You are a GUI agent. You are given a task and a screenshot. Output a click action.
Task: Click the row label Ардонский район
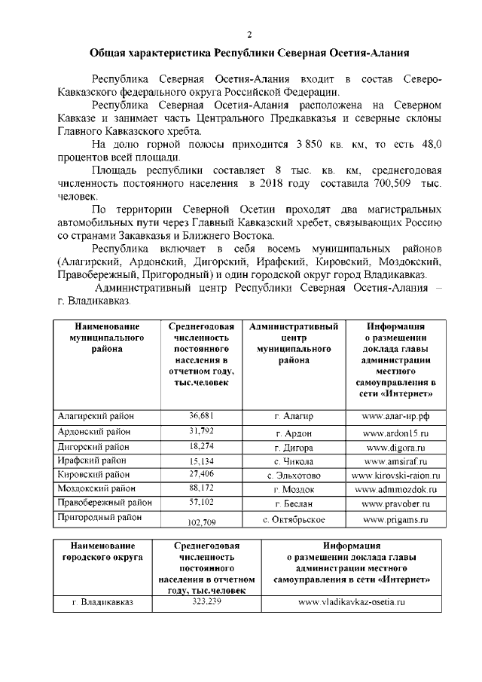[94, 433]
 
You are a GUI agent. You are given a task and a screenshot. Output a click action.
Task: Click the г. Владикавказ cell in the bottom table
[102, 602]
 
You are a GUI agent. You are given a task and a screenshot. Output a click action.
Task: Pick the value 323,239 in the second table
[206, 602]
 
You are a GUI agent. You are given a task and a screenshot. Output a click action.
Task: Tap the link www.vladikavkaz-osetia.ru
[352, 602]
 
